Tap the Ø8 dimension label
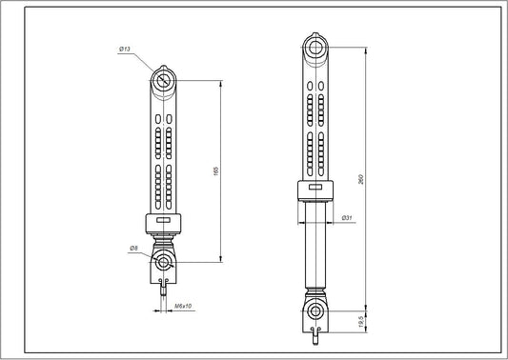coord(133,249)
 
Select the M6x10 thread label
coord(185,307)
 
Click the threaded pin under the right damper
coord(314,332)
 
